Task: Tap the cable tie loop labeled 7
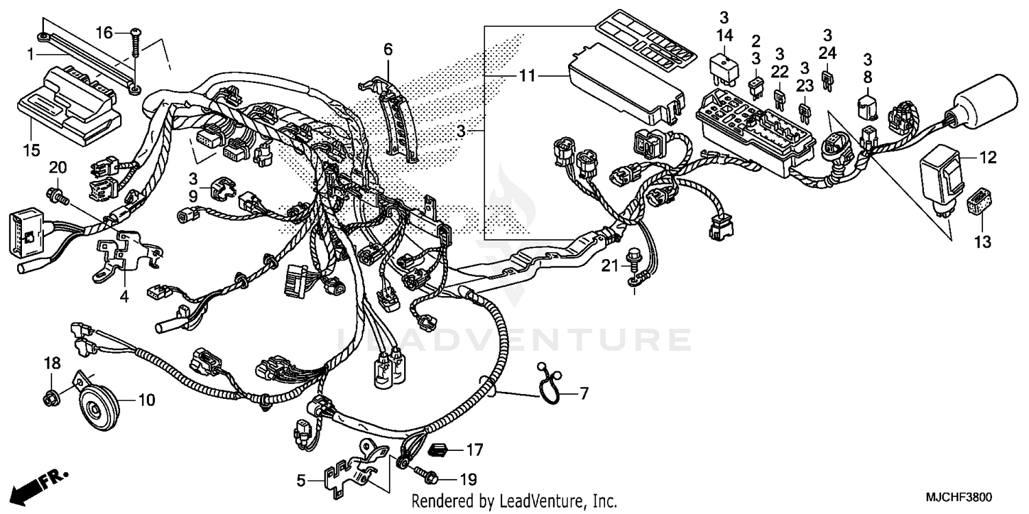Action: tap(553, 389)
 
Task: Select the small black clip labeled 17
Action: tap(438, 450)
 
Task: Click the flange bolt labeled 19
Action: tap(424, 474)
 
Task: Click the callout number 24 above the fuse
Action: tap(828, 53)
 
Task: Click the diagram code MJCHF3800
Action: tap(961, 498)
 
